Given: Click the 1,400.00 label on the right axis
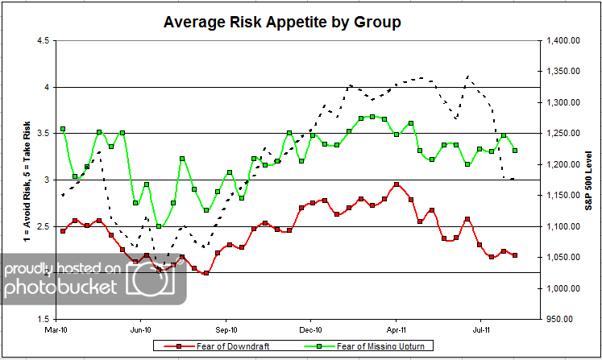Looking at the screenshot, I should click(x=563, y=40).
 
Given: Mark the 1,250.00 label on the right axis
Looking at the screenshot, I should click(x=563, y=133).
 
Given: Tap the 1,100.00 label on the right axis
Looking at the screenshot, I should click(x=563, y=226).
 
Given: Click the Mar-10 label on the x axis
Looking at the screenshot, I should click(x=56, y=329).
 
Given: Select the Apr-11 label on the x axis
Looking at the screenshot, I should click(x=396, y=329).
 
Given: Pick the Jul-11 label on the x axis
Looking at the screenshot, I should click(x=481, y=329).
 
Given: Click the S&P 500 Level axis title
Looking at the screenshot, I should click(x=590, y=179).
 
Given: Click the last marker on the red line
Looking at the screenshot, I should click(x=515, y=255).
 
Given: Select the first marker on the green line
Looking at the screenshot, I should click(x=63, y=129).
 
